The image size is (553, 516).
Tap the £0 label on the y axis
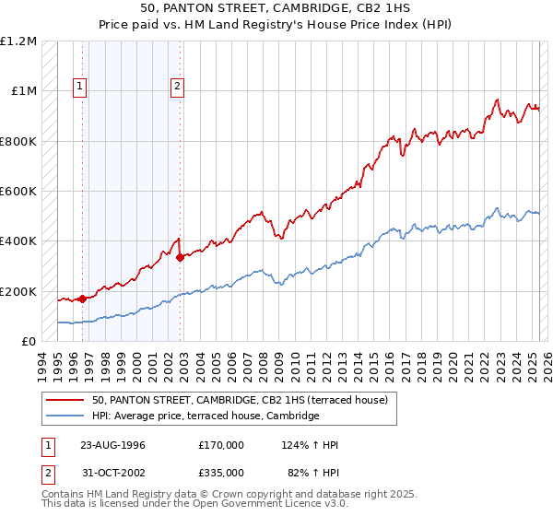(x=29, y=342)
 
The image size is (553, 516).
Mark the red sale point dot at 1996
(x=82, y=299)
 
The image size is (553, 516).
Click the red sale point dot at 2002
(x=180, y=258)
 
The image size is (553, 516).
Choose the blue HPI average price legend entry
(x=205, y=416)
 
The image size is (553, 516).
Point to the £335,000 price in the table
(x=221, y=472)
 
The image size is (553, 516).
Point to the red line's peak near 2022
(x=497, y=100)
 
